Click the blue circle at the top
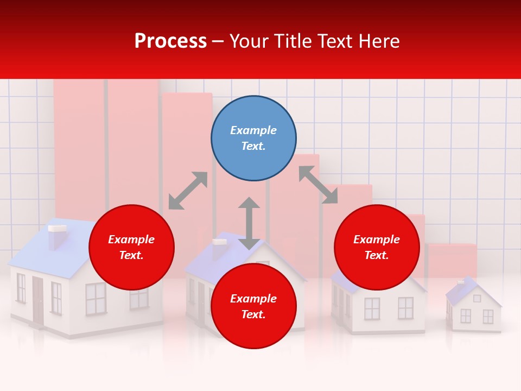pos(253,138)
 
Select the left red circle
pos(131,247)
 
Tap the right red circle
pos(377,247)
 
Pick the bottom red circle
pos(253,306)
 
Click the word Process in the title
pos(170,41)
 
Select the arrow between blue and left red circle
pos(188,191)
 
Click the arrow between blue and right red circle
pos(318,185)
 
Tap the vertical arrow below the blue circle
pos(249,223)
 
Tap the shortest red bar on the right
pos(452,261)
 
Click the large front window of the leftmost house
pos(96,298)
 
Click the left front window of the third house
pos(372,308)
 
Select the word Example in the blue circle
pos(253,130)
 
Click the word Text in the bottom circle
pos(253,314)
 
